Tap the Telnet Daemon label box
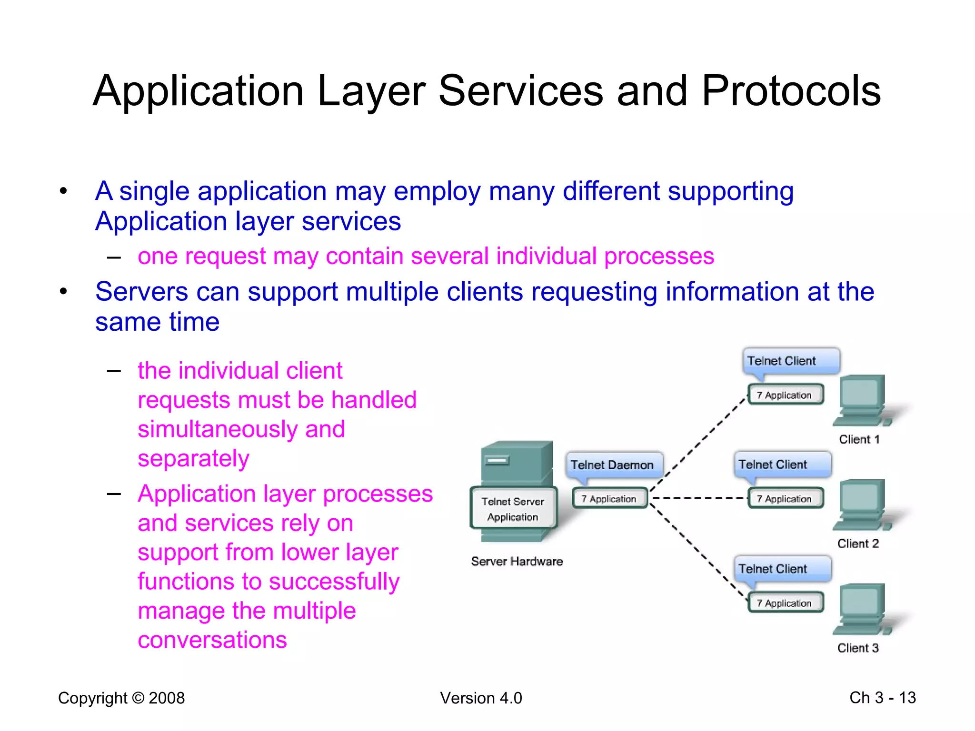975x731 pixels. [x=612, y=465]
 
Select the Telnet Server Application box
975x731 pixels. [x=513, y=509]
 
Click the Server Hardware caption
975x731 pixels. [x=517, y=562]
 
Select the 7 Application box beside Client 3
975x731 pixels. [x=786, y=603]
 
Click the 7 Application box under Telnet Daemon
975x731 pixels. [x=609, y=498]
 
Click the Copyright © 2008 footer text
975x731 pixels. [x=121, y=698]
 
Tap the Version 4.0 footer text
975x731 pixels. [x=481, y=698]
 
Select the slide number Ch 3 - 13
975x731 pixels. [x=882, y=698]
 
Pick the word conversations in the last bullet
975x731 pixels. [x=212, y=640]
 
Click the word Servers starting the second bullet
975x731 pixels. [x=141, y=292]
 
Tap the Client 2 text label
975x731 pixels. [x=857, y=543]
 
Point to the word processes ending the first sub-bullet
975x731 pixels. [x=659, y=256]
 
